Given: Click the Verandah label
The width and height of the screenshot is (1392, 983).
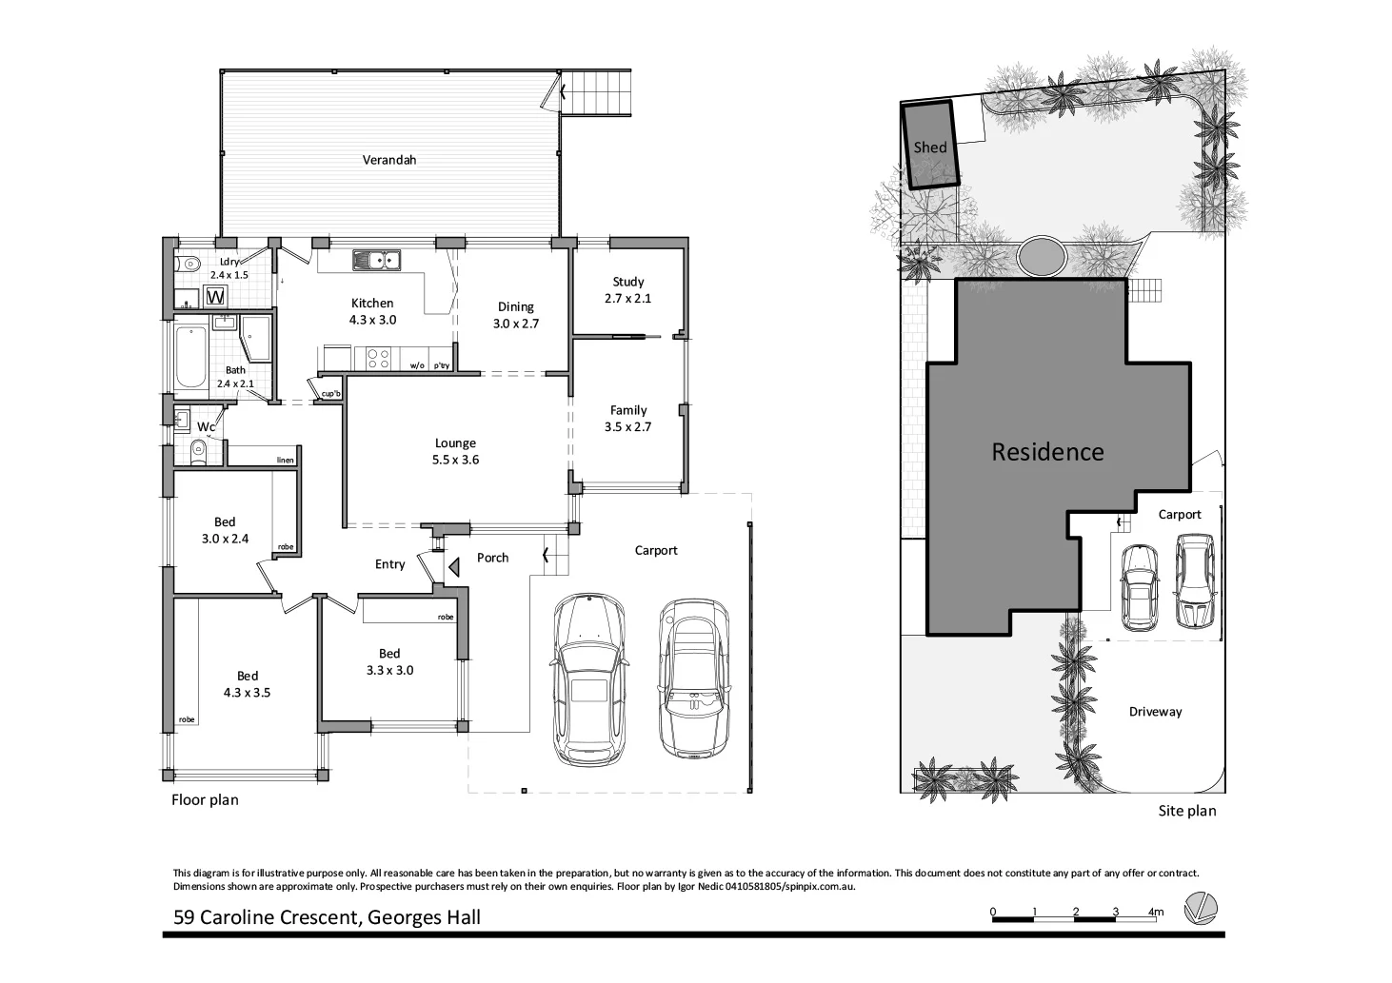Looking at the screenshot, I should point(388,160).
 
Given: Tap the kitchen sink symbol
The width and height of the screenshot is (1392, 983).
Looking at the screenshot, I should point(377,259).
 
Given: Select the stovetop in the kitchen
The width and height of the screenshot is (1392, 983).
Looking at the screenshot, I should point(377,359).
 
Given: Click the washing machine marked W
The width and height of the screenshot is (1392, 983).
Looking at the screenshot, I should point(216,297).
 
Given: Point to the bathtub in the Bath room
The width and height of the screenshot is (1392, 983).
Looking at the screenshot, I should point(190,358).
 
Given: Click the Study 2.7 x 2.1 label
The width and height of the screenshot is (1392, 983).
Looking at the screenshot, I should point(627,290).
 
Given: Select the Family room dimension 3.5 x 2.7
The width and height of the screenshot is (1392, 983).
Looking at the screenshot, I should point(627,427).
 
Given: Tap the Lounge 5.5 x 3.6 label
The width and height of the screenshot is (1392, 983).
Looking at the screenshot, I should point(455,451).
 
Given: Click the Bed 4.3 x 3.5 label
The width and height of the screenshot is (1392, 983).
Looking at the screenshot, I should point(247,684).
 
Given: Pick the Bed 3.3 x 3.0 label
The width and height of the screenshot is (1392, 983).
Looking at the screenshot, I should point(389,661).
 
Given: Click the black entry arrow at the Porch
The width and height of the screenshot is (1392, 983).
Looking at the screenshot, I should point(454,567).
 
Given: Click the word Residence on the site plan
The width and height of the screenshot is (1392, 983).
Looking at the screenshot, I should point(1047,452).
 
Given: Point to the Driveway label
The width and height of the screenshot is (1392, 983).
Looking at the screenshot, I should point(1154,712).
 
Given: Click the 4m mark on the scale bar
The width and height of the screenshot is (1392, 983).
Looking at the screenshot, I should point(1155,912).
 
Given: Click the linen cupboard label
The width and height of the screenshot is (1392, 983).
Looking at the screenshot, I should point(285,461).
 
